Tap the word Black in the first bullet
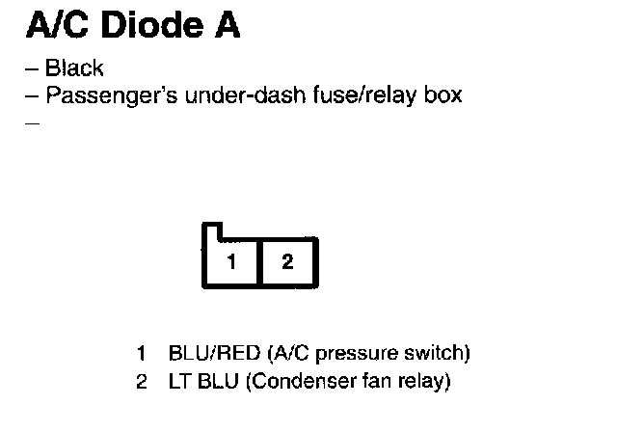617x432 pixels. point(74,69)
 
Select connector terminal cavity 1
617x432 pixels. point(231,262)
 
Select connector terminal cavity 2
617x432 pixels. point(287,262)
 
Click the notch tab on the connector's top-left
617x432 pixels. point(212,232)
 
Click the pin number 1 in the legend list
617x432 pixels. point(141,353)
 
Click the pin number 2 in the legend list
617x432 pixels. point(141,382)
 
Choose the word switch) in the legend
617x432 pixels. point(437,353)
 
